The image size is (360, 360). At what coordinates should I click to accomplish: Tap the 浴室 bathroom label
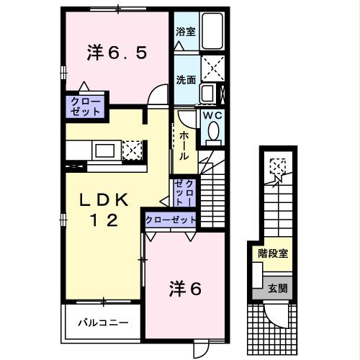pyautogui.click(x=186, y=32)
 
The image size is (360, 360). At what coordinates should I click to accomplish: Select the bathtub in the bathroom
pyautogui.click(x=213, y=32)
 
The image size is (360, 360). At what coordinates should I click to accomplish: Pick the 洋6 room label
pyautogui.click(x=186, y=289)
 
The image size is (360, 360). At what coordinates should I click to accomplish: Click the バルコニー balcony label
pyautogui.click(x=103, y=322)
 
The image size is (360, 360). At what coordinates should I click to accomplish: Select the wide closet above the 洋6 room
pyautogui.click(x=171, y=219)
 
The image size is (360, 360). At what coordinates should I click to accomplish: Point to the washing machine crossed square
pyautogui.click(x=212, y=68)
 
